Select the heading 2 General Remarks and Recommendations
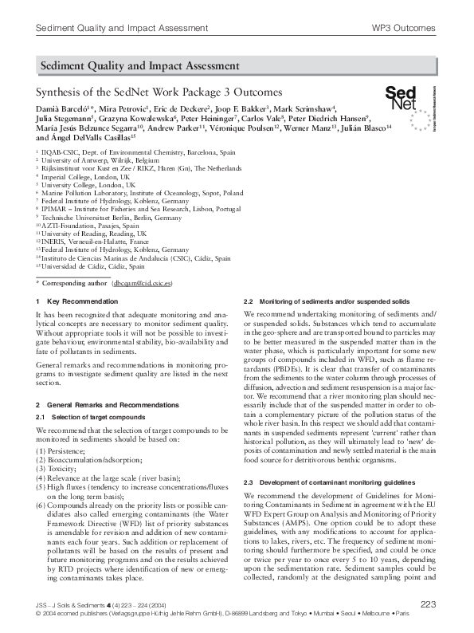(x=107, y=406)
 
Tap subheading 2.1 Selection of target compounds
(x=88, y=417)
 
